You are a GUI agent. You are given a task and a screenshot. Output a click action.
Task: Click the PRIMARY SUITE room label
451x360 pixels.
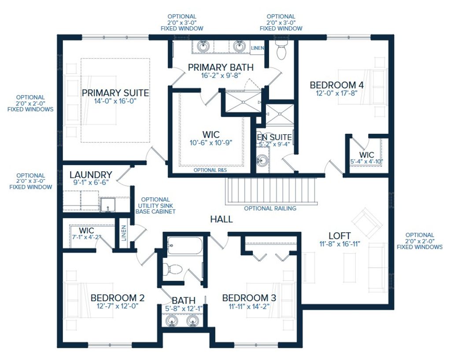click(115, 93)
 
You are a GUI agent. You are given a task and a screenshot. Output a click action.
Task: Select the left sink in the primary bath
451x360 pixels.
click(203, 46)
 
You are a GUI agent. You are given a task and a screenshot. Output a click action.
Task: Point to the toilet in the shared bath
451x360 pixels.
click(173, 268)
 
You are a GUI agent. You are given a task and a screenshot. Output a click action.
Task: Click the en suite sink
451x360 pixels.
click(262, 161)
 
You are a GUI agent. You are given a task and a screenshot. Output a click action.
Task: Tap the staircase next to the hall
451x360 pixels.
click(271, 190)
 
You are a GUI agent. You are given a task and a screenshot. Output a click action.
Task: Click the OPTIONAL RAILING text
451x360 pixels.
click(270, 209)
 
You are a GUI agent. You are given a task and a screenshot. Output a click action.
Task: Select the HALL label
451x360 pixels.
click(221, 219)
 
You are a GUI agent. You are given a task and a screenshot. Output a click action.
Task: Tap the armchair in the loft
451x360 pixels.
click(367, 221)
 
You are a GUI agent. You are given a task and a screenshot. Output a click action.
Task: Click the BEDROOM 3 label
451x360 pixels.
click(249, 298)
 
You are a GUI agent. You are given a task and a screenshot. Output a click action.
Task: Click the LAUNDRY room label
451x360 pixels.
click(90, 175)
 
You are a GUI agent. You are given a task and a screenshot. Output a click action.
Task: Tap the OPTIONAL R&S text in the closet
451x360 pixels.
click(211, 170)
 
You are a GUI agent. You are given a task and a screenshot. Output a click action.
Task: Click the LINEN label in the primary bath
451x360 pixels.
click(257, 48)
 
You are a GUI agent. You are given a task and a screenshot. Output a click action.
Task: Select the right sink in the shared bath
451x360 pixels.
click(192, 321)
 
